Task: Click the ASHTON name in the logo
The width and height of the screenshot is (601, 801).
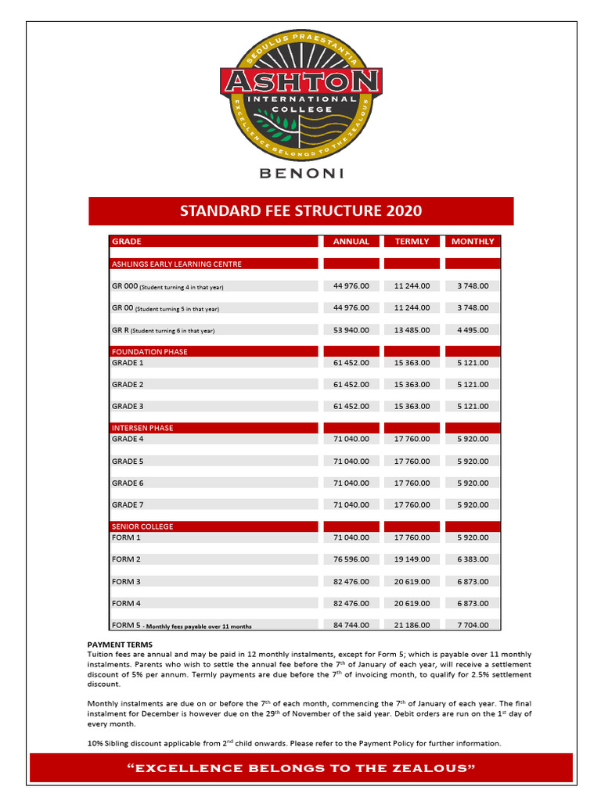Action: pyautogui.click(x=301, y=81)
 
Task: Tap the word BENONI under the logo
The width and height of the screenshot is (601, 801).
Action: pyautogui.click(x=300, y=174)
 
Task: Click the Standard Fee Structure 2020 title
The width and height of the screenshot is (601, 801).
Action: pyautogui.click(x=301, y=211)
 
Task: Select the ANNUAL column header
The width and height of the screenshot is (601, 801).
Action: pyautogui.click(x=351, y=242)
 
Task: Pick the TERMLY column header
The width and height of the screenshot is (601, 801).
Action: pyautogui.click(x=412, y=242)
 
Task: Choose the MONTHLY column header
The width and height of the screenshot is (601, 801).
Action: pyautogui.click(x=473, y=242)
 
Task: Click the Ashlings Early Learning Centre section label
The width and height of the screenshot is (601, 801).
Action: pyautogui.click(x=177, y=264)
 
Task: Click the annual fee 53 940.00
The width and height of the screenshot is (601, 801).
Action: pyautogui.click(x=351, y=330)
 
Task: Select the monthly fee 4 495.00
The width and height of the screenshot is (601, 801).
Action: pyautogui.click(x=473, y=330)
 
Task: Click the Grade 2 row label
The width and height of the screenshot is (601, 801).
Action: pyautogui.click(x=128, y=385)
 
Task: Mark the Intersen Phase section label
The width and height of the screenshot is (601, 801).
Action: pyautogui.click(x=142, y=429)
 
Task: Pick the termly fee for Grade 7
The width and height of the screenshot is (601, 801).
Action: pyautogui.click(x=412, y=505)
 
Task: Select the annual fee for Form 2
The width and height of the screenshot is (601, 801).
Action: pyautogui.click(x=351, y=560)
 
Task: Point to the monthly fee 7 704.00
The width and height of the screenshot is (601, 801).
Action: pyautogui.click(x=473, y=625)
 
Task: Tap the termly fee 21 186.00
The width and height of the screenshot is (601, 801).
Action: pyautogui.click(x=412, y=625)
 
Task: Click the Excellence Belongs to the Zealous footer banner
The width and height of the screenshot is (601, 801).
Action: pyautogui.click(x=301, y=769)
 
